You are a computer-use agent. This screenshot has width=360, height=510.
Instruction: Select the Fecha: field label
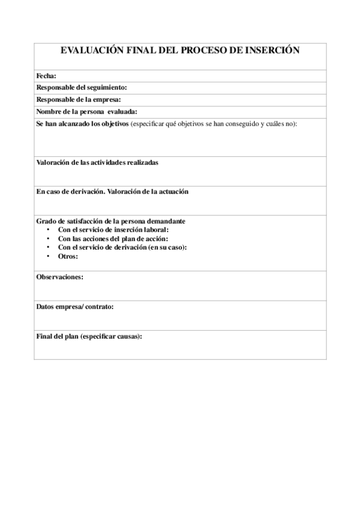click(x=46, y=76)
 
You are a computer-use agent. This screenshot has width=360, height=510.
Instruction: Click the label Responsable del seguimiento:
click(x=81, y=88)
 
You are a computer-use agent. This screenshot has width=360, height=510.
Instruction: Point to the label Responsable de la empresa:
click(x=79, y=99)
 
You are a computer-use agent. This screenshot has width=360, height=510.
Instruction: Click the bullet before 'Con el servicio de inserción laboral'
click(x=48, y=230)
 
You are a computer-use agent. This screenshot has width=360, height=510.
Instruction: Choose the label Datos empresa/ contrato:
click(x=75, y=306)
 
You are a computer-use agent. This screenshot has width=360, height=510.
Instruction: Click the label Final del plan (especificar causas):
click(x=89, y=336)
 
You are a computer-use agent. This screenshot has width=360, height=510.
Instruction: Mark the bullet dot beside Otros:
click(x=48, y=256)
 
